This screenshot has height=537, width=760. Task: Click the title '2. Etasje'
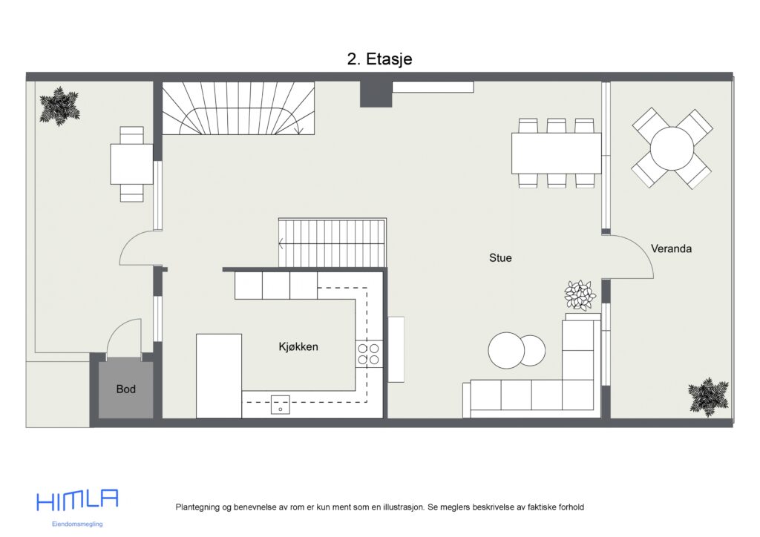point(379,59)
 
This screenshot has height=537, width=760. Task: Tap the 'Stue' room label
point(500,258)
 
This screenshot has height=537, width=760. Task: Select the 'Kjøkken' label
point(298,346)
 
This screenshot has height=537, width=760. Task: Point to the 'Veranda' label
point(671,248)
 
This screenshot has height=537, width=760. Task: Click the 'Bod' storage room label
point(126,389)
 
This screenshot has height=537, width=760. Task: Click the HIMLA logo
point(77,501)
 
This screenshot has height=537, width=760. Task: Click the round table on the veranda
point(672,148)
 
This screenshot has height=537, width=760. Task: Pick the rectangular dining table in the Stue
point(556,153)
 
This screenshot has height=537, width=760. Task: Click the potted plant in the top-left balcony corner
point(59,106)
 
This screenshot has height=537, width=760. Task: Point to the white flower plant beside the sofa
point(580,295)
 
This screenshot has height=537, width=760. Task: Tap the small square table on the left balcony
point(131,163)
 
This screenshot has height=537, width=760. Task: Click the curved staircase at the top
point(237,108)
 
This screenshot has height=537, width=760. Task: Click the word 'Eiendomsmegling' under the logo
point(77,524)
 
